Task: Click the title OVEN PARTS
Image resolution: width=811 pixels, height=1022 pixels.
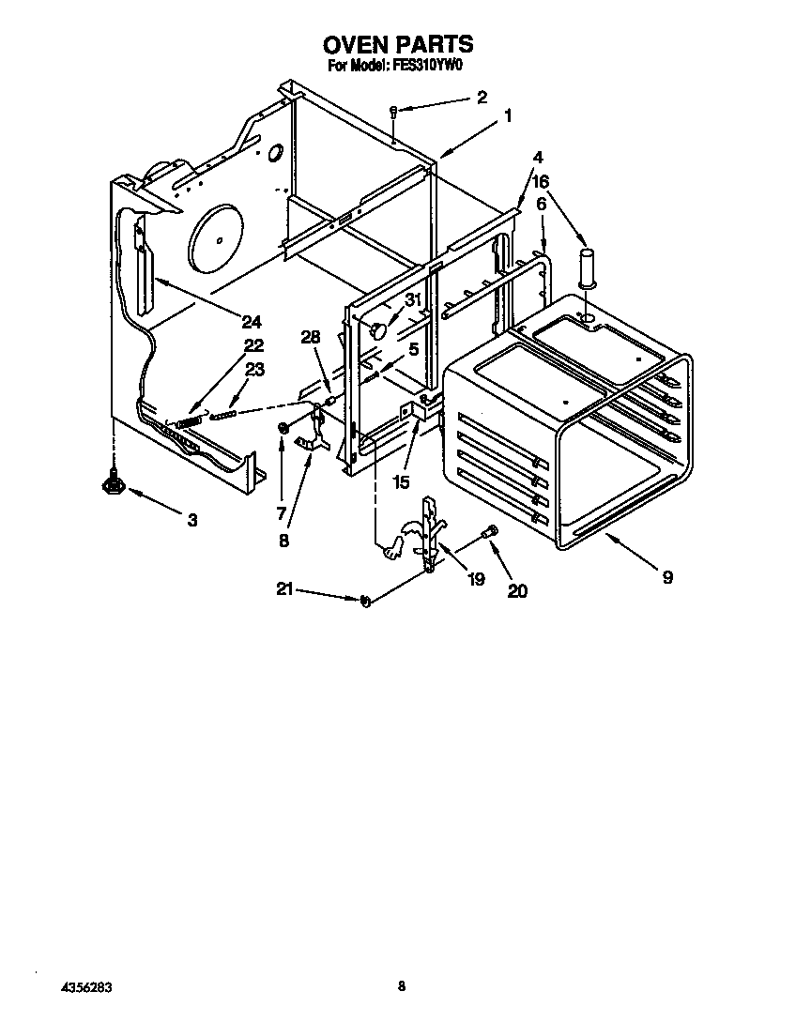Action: [397, 44]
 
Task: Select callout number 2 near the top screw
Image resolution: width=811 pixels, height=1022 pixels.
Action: [482, 97]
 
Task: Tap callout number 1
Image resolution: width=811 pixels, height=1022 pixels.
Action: [508, 116]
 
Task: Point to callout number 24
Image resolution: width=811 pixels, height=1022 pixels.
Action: [252, 318]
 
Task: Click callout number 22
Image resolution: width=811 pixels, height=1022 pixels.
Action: [253, 344]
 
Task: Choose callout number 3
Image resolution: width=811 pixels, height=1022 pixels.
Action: [191, 519]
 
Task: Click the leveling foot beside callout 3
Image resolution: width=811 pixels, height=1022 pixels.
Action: [114, 482]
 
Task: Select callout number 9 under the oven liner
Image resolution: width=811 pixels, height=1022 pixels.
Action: [666, 577]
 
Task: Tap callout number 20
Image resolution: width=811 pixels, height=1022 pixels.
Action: [516, 590]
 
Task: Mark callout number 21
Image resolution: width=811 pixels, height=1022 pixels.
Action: [284, 588]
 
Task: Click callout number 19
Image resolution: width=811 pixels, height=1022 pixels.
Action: [476, 579]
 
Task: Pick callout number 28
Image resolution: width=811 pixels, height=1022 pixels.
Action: [312, 337]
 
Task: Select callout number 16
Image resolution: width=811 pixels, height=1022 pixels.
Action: [541, 181]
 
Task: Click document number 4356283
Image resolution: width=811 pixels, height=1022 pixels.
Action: [87, 987]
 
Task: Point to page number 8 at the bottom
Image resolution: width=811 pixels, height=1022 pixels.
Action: [401, 985]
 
